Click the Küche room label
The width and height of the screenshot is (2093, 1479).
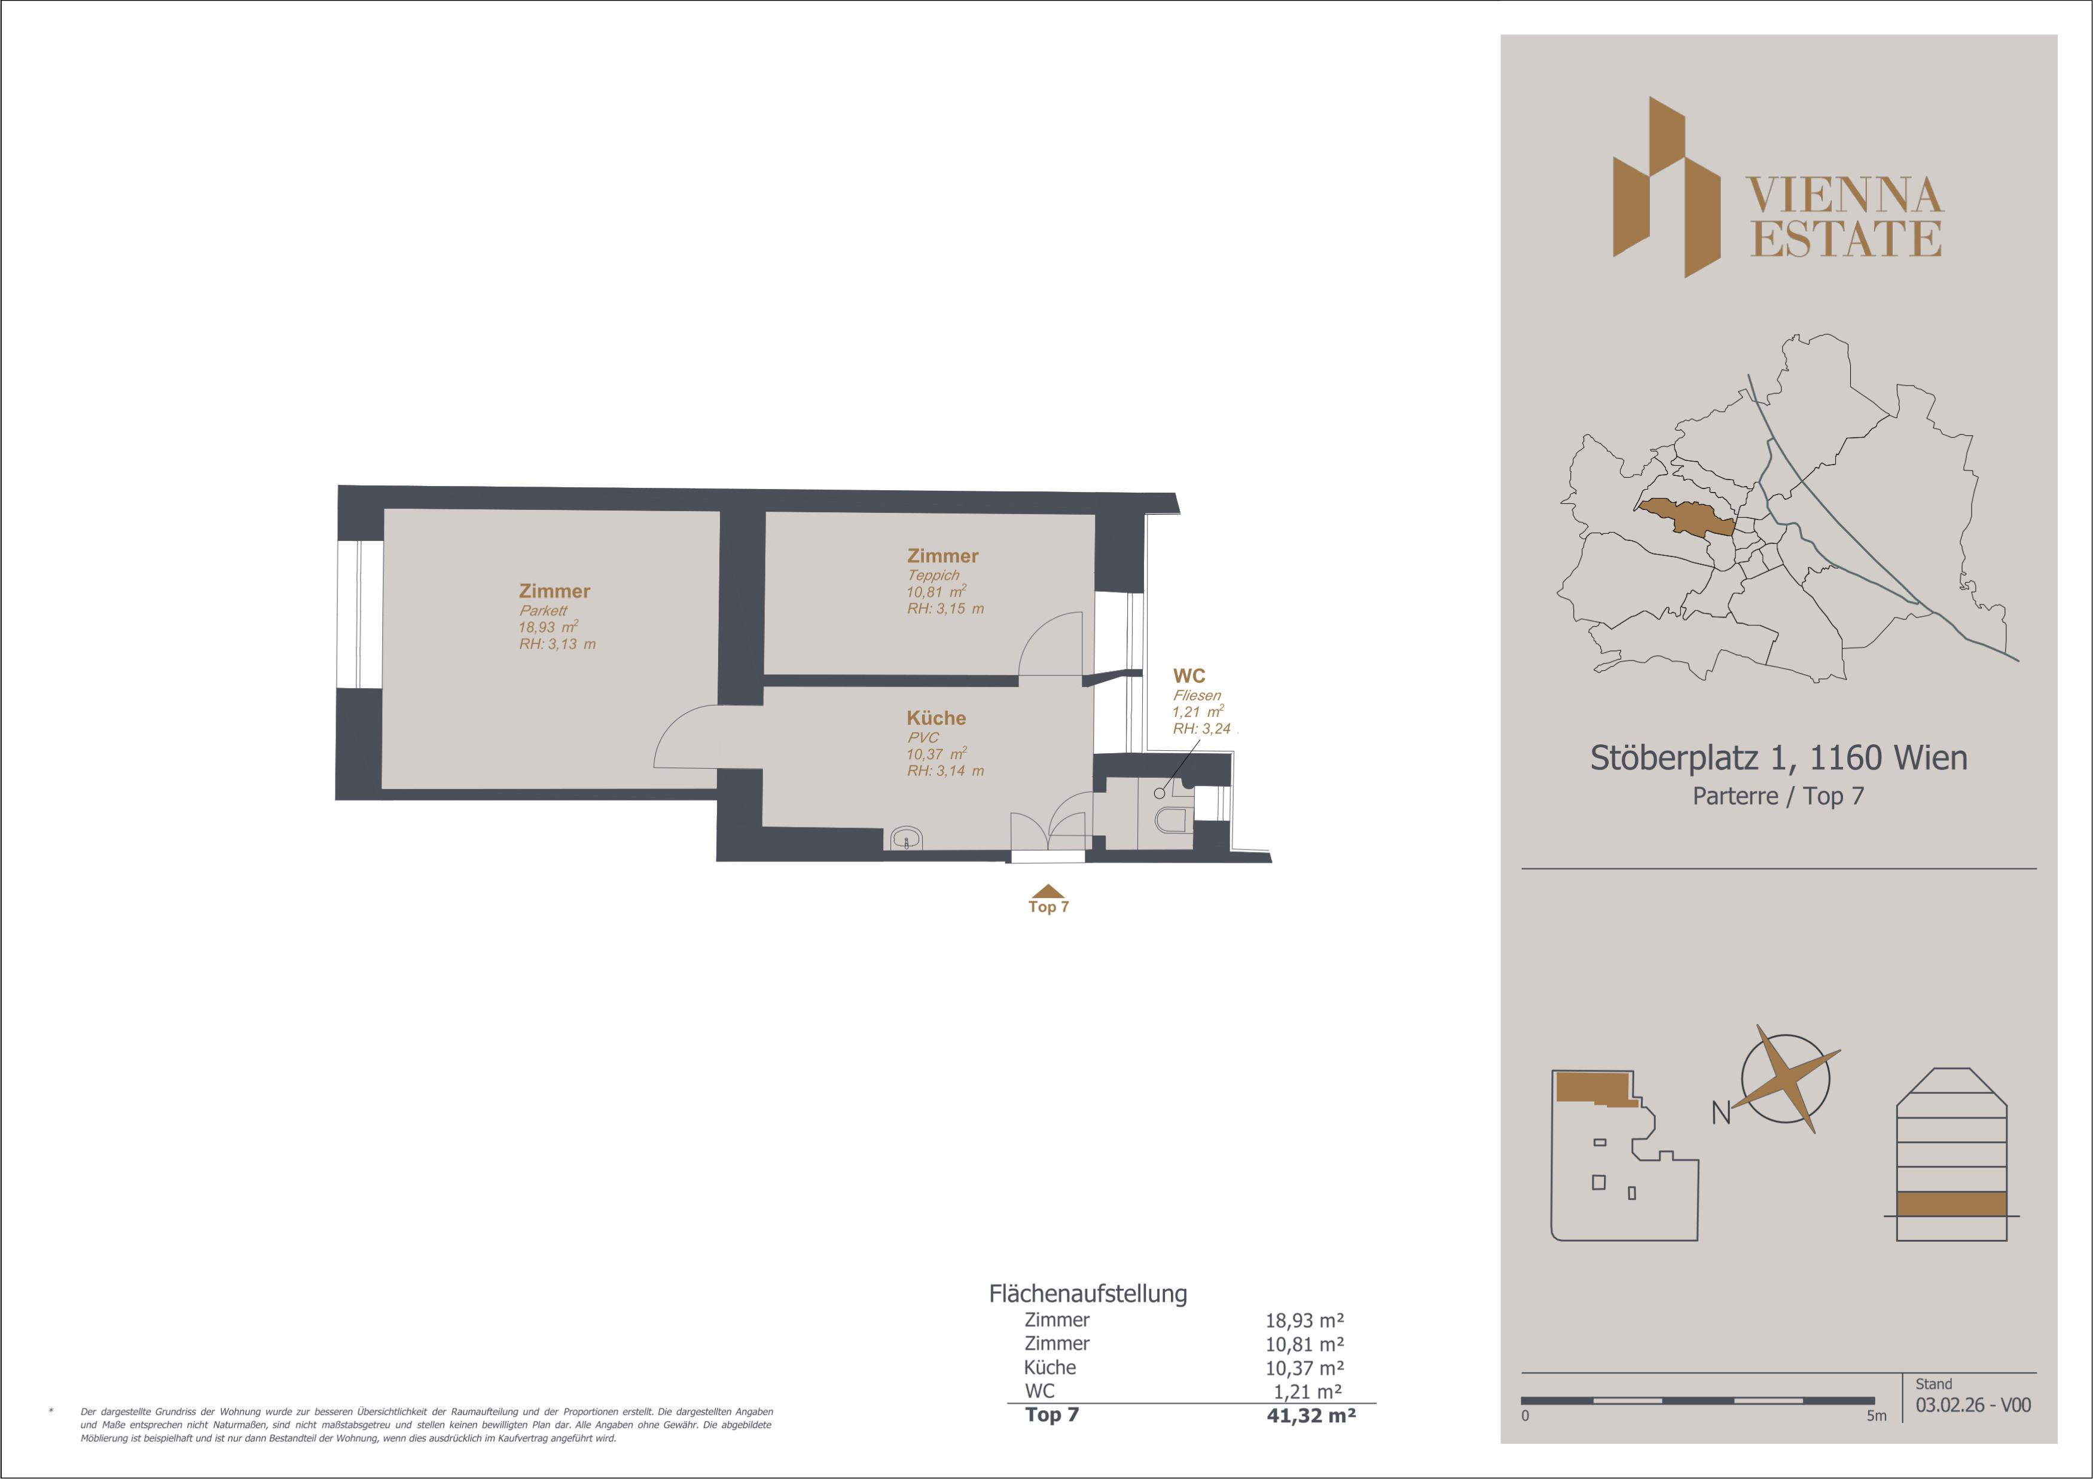point(936,718)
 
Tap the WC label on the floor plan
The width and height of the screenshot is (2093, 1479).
point(1189,676)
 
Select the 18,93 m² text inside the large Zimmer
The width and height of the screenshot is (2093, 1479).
point(548,627)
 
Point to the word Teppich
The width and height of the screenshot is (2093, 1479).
point(932,575)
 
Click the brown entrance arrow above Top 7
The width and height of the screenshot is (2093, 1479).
point(1048,891)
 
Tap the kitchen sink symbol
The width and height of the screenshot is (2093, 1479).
point(906,838)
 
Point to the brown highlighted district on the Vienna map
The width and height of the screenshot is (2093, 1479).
point(1686,517)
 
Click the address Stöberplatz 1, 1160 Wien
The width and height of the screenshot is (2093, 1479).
point(1778,757)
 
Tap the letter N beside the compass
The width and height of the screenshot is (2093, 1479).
point(1721,1113)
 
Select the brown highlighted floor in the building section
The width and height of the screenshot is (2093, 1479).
point(1952,1204)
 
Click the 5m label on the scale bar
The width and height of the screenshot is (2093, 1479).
point(1876,1415)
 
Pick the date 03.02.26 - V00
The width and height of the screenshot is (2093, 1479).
point(1973,1405)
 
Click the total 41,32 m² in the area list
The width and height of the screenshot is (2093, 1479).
point(1311,1415)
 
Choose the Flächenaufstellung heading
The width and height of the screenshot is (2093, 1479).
point(1088,1294)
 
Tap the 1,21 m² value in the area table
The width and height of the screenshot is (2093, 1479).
point(1307,1392)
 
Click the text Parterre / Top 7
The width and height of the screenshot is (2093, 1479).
point(1778,796)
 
